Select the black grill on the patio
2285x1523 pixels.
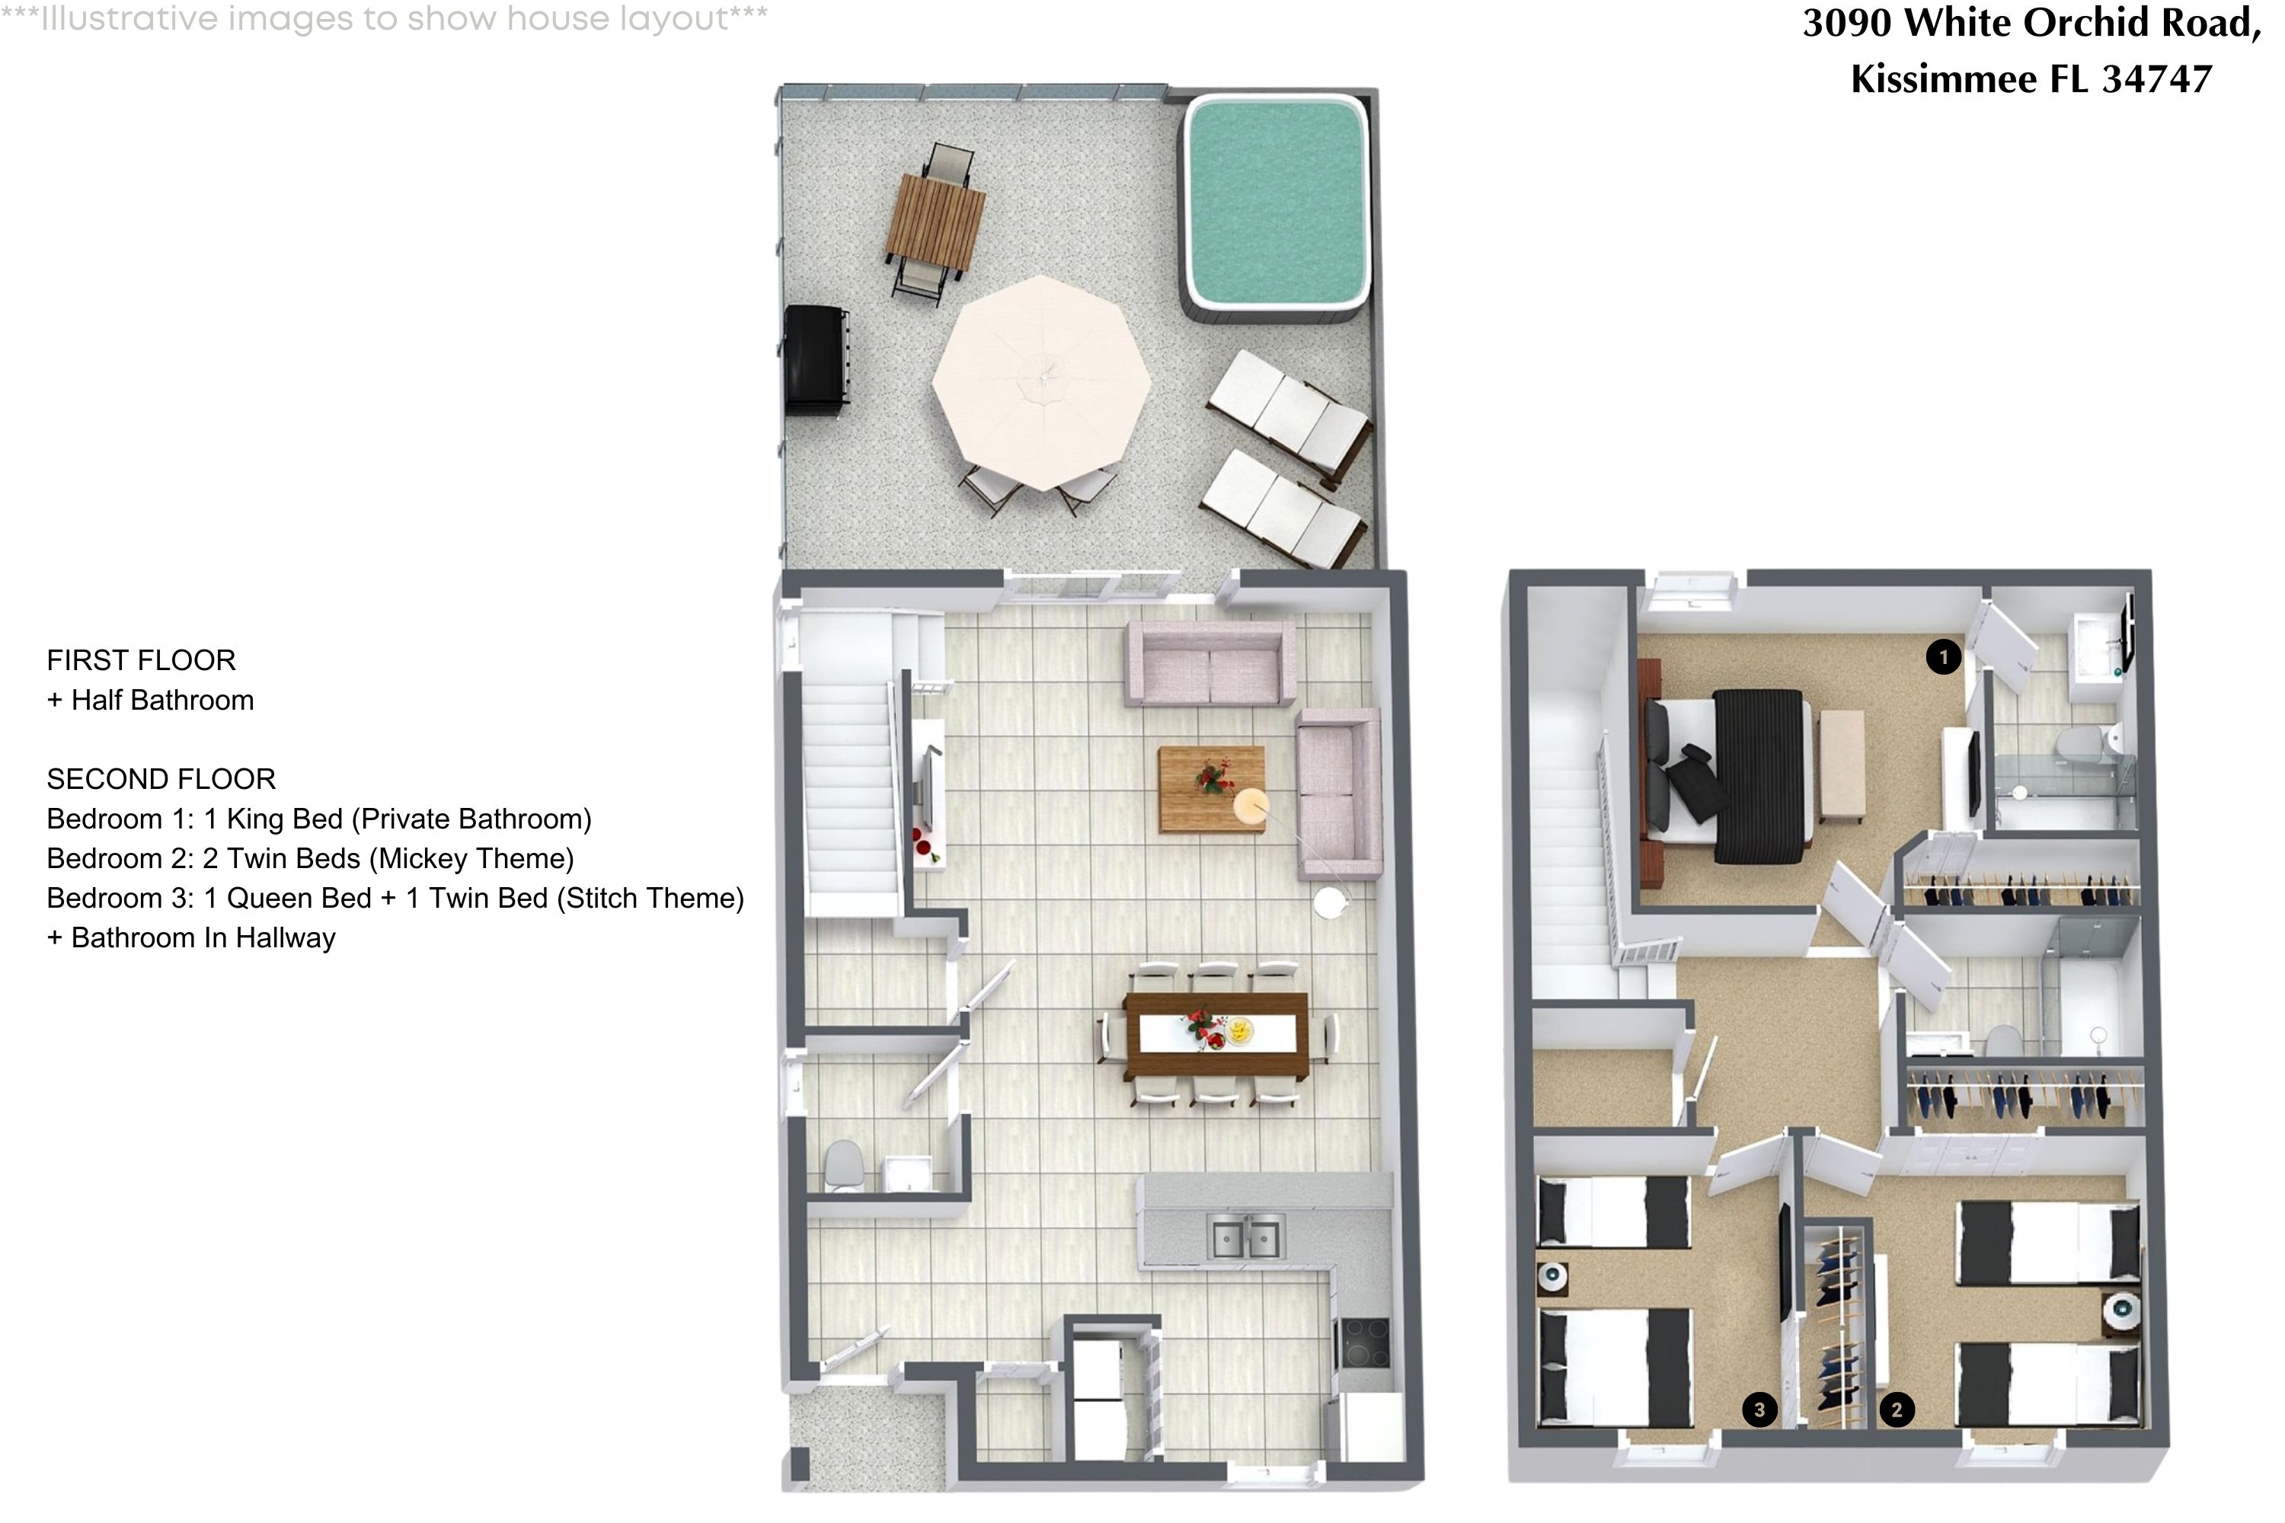815,360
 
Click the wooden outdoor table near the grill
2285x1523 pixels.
935,222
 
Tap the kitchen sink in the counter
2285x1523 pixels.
1245,1238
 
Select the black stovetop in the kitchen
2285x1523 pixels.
1363,1343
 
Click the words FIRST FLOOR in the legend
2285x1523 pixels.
141,660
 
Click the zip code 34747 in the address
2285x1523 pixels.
2157,78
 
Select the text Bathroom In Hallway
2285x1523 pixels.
203,938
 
